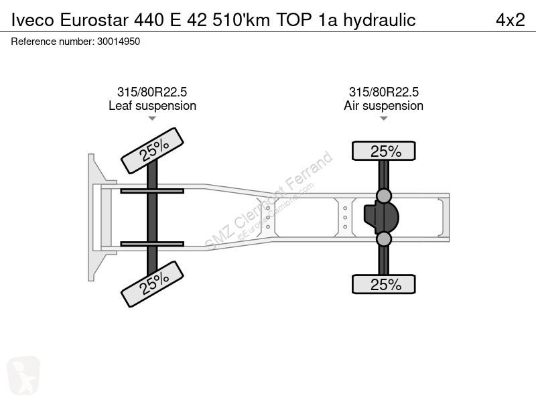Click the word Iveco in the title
click(32, 20)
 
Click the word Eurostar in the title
click(94, 20)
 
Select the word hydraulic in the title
click(379, 20)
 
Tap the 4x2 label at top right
click(511, 20)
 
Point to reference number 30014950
click(119, 42)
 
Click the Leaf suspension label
click(153, 106)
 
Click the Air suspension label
click(383, 106)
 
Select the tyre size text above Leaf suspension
click(152, 92)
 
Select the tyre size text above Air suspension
click(383, 92)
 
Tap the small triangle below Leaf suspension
click(152, 119)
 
